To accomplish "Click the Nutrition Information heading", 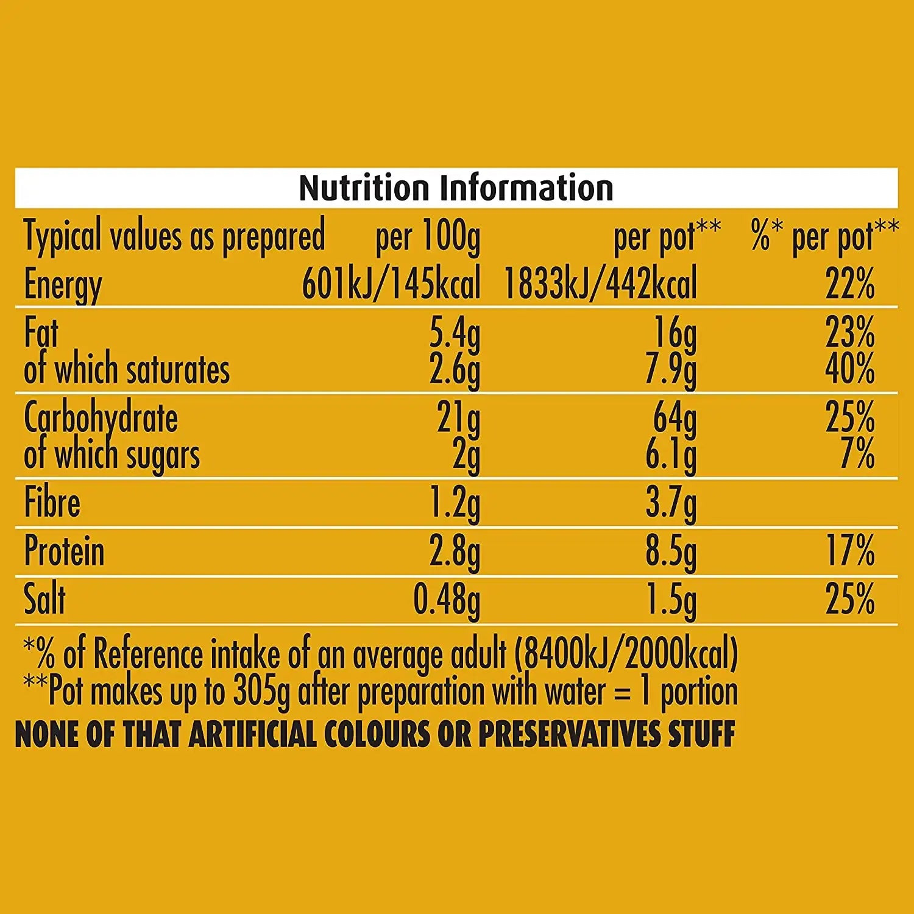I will coord(456,188).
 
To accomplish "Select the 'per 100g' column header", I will coord(428,237).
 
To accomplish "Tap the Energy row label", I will coord(63,285).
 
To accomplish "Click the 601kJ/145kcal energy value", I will coord(391,284).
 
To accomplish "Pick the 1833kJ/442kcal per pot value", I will coord(600,284).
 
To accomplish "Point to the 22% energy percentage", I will coord(850,284).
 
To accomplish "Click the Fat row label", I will coord(41,333).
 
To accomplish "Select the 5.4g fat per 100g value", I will coord(455,334).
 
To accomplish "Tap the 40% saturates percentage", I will coord(850,369).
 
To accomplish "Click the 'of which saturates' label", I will coord(127,370).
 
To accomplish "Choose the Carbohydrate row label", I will coord(101,419).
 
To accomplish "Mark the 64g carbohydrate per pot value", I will coord(675,419).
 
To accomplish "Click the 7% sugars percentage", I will coord(857,454).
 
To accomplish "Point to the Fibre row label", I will coord(52,503).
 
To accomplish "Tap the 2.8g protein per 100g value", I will coord(455,552).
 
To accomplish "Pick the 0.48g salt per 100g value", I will coord(447,601).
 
